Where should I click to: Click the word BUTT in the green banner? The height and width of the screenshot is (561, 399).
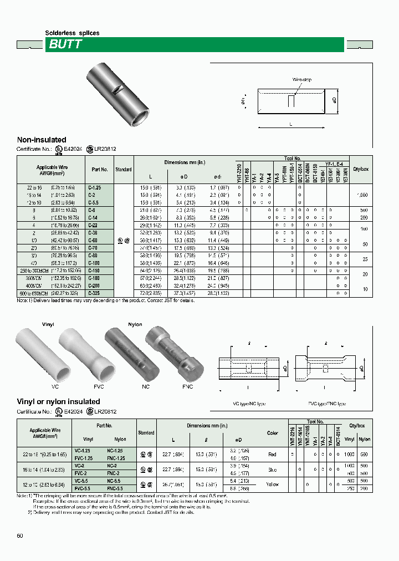coord(65,45)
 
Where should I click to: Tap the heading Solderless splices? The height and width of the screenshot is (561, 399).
coord(72,33)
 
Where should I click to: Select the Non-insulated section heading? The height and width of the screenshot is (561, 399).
coord(42,140)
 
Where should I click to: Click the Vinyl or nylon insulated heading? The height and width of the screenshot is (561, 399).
coord(59,401)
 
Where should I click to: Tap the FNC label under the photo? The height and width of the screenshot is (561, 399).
coord(187,386)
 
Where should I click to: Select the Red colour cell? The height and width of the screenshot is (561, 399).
coord(272,454)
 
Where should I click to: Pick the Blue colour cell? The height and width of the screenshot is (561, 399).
coord(272,469)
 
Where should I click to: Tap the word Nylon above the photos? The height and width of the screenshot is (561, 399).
coord(135,324)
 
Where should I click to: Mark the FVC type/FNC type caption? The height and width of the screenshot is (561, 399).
coord(327,404)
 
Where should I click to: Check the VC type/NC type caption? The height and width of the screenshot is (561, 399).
coord(250,404)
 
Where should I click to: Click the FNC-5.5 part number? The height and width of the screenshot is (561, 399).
coord(116,488)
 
